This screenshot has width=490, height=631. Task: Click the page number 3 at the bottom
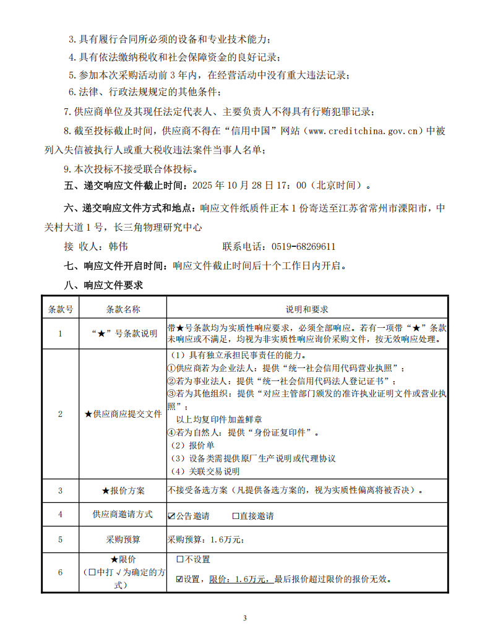245,617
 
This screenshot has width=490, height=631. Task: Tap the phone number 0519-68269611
303,246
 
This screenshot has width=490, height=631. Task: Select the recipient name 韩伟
118,246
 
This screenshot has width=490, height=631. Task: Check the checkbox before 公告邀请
172,516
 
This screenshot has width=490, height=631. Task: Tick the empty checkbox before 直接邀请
236,516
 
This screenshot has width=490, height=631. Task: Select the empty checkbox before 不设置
179,560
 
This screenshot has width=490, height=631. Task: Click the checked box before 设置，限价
179,580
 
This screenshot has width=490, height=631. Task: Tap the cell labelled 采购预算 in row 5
123,539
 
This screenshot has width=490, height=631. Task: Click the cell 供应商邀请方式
123,515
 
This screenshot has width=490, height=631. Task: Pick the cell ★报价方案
123,491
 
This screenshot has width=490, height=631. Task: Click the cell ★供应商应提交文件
123,414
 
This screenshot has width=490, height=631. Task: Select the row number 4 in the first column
60,515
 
